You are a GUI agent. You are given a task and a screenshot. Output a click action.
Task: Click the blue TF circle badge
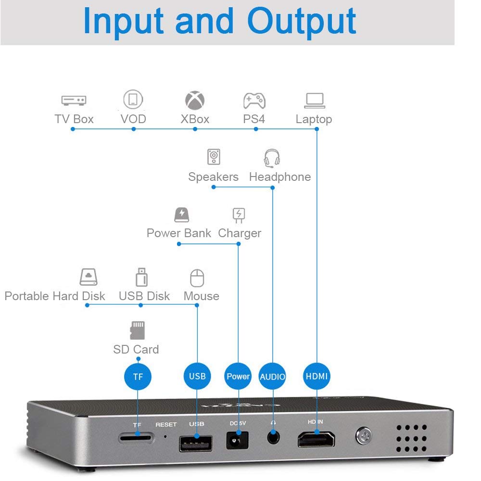point(138,376)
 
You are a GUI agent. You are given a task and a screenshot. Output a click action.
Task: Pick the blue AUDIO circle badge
point(272,376)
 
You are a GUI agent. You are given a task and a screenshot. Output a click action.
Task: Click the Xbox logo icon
point(195,101)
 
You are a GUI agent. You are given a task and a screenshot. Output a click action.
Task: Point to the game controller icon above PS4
point(254,101)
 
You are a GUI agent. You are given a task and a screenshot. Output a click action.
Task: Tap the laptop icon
point(315,101)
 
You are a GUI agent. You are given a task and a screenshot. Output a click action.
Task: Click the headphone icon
point(272,158)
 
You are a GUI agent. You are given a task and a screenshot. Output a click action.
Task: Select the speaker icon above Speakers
point(214,156)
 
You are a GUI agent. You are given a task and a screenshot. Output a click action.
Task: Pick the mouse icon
point(197,278)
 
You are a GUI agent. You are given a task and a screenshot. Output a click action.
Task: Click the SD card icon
point(137,330)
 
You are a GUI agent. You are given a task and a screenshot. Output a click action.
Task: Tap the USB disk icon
point(141,277)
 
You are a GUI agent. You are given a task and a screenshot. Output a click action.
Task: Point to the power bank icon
point(182,215)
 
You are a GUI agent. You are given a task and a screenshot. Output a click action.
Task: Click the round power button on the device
point(364,436)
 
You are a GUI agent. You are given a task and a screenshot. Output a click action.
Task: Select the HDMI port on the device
point(316,440)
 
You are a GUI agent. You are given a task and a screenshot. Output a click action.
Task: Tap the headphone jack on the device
point(273,437)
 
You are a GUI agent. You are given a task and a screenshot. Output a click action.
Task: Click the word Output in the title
point(301,22)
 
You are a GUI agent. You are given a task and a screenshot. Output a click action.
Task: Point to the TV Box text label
point(74,119)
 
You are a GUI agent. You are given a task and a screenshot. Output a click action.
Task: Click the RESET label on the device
point(166,425)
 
